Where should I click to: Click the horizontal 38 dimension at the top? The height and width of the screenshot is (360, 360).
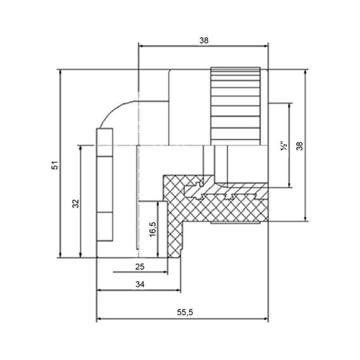(203, 39)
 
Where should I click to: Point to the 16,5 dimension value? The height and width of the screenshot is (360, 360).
(152, 229)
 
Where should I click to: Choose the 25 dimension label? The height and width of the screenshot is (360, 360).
(140, 267)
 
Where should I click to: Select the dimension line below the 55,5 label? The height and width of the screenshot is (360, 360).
(183, 320)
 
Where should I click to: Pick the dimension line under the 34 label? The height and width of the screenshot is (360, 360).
(139, 291)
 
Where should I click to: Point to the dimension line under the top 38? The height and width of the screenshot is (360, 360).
(203, 45)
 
